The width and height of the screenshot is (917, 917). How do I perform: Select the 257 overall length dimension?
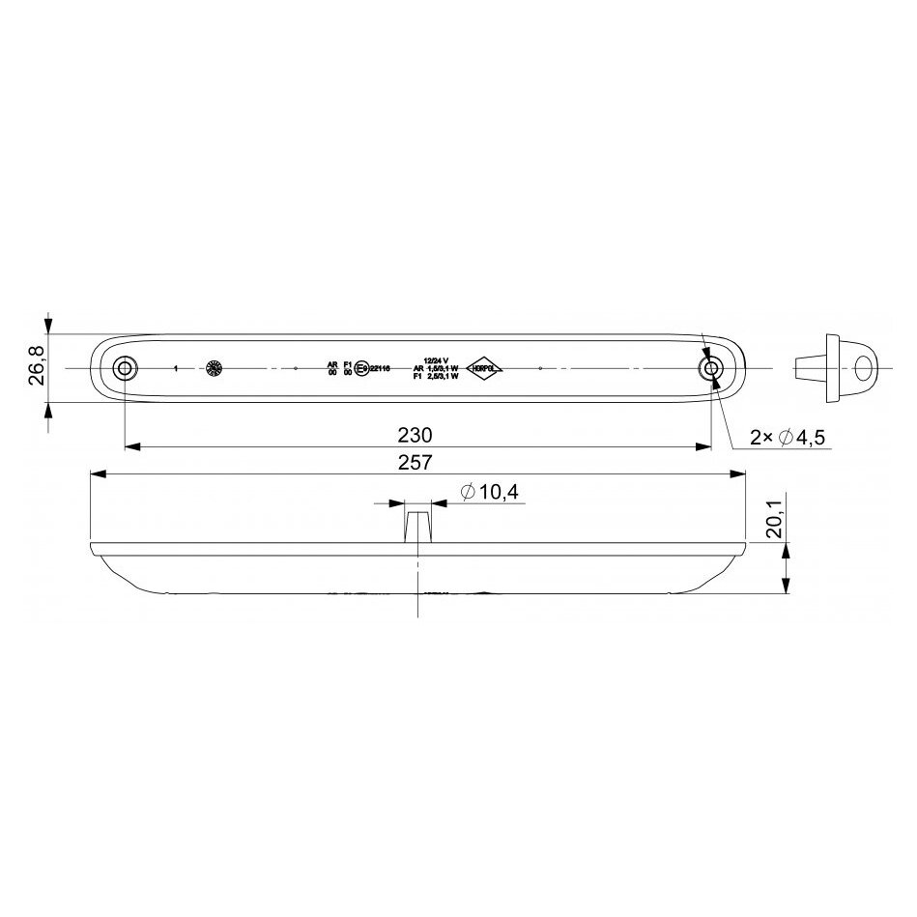point(416,462)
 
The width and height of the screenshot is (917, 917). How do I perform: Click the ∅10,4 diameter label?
point(490,492)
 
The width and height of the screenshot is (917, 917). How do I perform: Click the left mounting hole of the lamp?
point(125,369)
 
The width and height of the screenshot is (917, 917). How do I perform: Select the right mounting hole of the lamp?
point(712,369)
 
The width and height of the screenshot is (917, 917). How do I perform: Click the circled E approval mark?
point(360,368)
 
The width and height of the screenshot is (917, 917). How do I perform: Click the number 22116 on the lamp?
point(380,368)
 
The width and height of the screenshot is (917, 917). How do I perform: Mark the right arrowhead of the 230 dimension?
point(704,446)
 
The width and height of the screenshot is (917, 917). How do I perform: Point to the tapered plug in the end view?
point(808,368)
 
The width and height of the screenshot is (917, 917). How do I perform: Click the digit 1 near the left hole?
point(175,369)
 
